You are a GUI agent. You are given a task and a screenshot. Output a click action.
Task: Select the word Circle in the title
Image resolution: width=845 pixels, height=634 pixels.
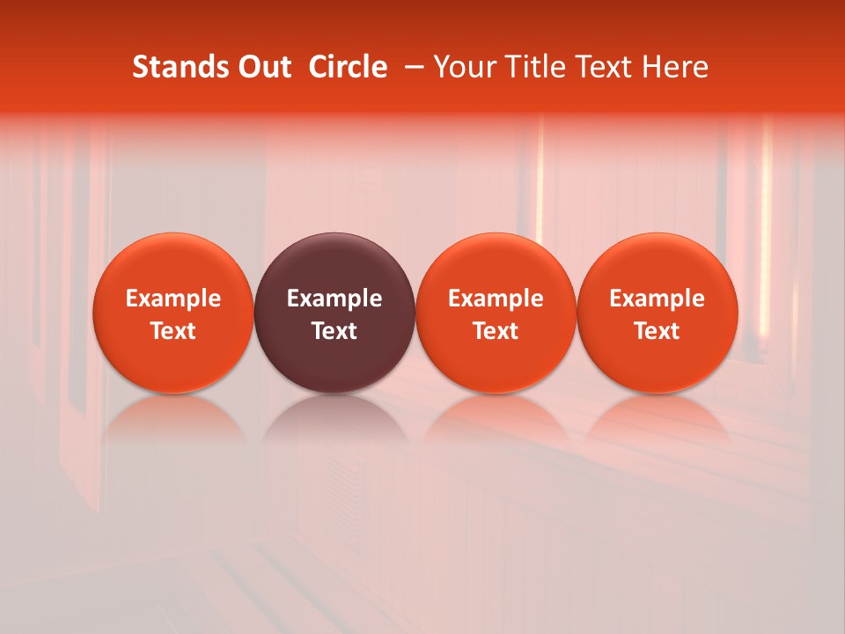click(348, 67)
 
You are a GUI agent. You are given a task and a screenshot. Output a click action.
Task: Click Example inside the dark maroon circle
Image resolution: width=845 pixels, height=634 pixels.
click(334, 299)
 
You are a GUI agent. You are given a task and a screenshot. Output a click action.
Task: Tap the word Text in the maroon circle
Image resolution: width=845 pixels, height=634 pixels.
click(334, 331)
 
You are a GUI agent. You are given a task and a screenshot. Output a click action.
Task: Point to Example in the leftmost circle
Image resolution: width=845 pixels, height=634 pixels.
click(173, 299)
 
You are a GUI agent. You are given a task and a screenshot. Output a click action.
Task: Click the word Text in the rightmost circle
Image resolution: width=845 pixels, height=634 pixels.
click(658, 331)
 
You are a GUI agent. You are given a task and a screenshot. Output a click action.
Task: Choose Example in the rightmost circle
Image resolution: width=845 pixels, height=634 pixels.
click(658, 299)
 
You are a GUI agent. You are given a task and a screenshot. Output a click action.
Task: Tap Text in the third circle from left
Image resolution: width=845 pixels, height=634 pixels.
click(496, 331)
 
